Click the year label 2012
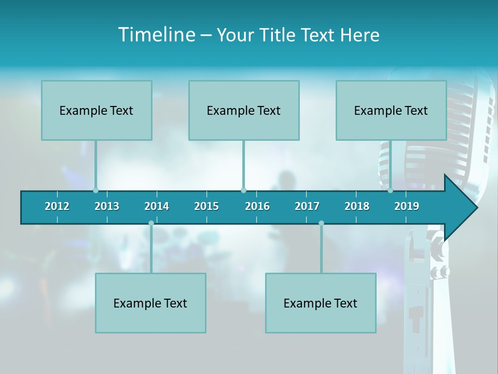(x=57, y=207)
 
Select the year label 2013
(x=107, y=207)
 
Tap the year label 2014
(x=157, y=207)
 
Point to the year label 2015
(x=206, y=207)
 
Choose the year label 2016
(x=257, y=207)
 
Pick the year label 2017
(x=307, y=207)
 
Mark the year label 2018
(x=357, y=207)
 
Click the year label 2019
(x=407, y=207)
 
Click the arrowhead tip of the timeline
(x=476, y=208)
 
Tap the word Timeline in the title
(x=156, y=35)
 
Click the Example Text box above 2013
(x=96, y=110)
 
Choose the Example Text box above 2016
(x=244, y=110)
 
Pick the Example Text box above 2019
(x=391, y=110)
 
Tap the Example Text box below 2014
(x=150, y=303)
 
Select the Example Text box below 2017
(x=321, y=303)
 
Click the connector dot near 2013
(x=95, y=190)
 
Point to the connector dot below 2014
(x=151, y=223)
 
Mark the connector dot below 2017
(x=321, y=223)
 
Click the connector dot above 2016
(x=243, y=190)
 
